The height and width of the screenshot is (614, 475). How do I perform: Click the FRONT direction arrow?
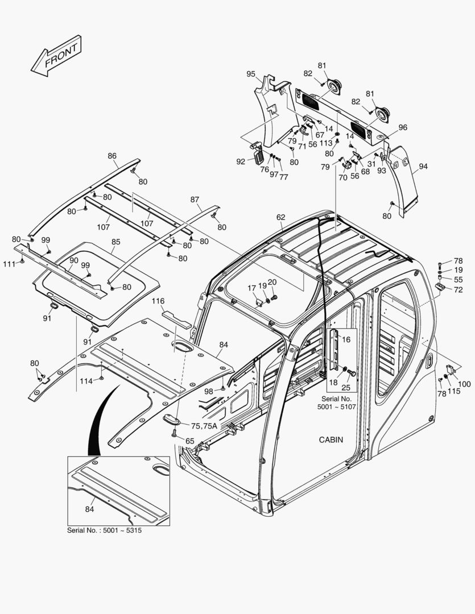click(x=56, y=56)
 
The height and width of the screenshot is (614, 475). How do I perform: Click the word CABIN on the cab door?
click(x=331, y=439)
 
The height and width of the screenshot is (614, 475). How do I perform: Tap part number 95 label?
click(x=251, y=74)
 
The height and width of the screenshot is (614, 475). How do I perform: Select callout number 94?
click(x=423, y=167)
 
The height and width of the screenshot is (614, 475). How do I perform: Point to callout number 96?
click(x=403, y=128)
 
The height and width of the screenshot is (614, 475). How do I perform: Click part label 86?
click(x=112, y=156)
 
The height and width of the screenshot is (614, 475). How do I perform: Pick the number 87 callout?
click(x=195, y=200)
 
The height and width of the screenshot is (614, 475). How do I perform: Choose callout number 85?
click(x=116, y=242)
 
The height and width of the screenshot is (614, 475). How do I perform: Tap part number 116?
click(x=158, y=301)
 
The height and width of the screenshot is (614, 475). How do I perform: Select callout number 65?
click(x=190, y=441)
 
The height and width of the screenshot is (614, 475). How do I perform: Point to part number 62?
click(x=281, y=217)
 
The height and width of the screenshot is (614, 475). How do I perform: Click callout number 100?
click(x=464, y=384)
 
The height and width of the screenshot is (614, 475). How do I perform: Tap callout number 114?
click(x=86, y=380)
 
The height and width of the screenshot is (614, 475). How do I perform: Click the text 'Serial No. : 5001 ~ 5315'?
click(x=104, y=530)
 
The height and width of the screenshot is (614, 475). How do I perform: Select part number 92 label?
click(x=241, y=161)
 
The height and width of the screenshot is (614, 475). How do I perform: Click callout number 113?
click(x=325, y=143)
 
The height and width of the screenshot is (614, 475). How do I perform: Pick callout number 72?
click(x=459, y=291)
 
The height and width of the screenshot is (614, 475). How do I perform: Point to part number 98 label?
click(x=209, y=392)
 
